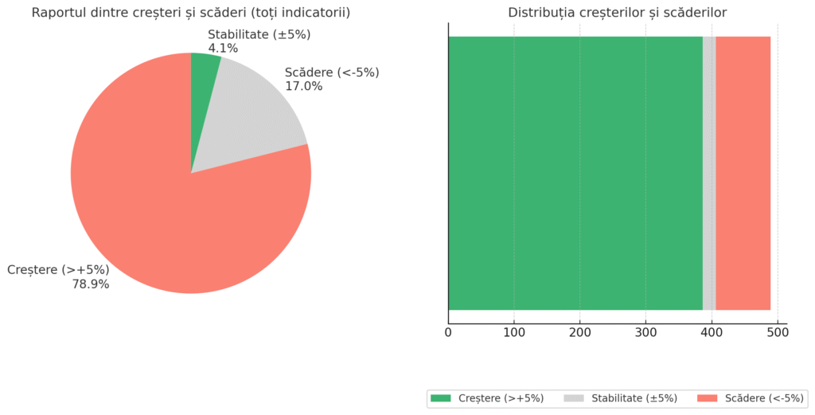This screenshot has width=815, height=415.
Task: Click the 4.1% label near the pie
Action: [223, 48]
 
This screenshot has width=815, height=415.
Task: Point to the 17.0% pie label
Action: [304, 86]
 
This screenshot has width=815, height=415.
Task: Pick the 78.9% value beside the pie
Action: [91, 284]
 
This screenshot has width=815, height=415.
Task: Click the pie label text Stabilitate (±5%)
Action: [259, 34]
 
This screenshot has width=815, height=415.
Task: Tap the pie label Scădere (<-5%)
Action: [332, 72]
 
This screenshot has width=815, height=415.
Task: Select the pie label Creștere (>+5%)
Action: [58, 269]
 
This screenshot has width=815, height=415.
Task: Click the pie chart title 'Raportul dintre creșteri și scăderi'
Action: [191, 13]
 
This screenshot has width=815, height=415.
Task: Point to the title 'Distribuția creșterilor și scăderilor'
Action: [617, 13]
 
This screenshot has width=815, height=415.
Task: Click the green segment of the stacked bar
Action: [575, 173]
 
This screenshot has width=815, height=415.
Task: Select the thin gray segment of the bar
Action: [709, 173]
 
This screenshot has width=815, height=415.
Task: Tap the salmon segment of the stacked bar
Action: [743, 173]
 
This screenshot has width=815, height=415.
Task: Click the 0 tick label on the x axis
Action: [448, 332]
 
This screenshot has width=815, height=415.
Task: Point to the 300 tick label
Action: [645, 332]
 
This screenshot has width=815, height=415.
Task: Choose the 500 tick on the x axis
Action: [778, 332]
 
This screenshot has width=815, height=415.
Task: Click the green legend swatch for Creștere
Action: [440, 398]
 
